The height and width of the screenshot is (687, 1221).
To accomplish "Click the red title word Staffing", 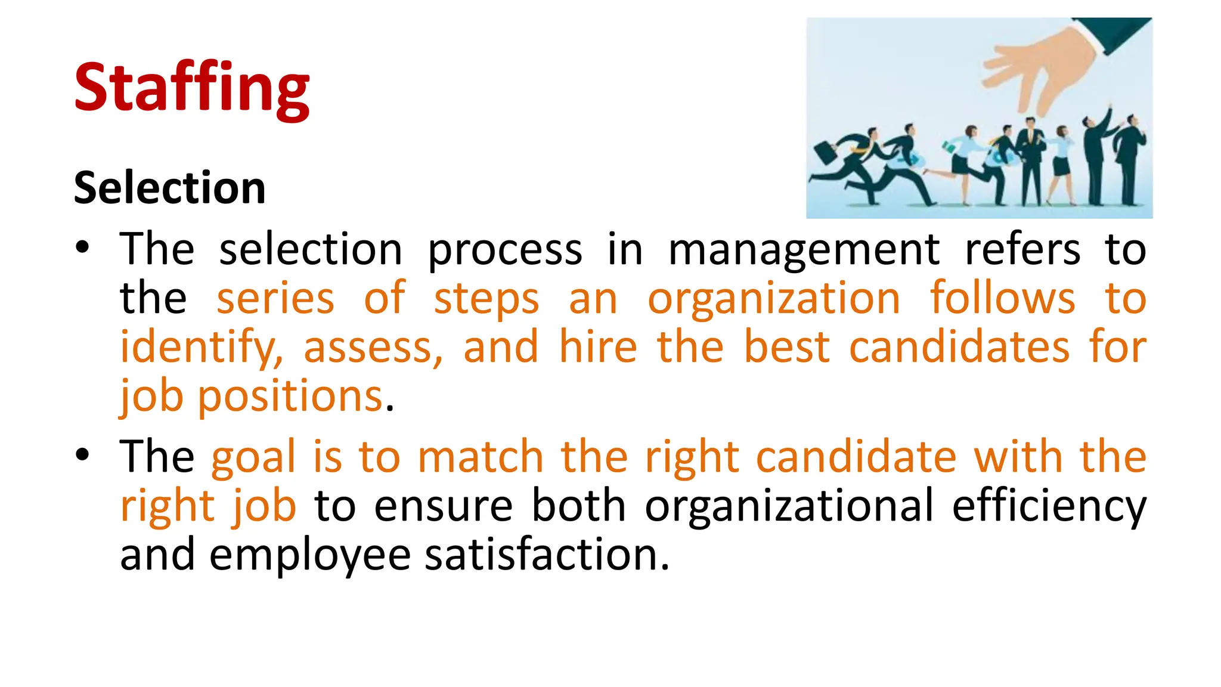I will pos(191,88).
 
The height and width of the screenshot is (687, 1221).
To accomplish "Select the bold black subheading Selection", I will pos(169,187).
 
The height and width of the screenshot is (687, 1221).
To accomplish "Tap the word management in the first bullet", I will pos(804,249).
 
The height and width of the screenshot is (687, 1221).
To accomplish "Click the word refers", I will pos(1022,249).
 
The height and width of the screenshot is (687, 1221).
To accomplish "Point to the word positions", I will pos(290,396).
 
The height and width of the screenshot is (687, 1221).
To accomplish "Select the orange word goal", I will pos(253,457).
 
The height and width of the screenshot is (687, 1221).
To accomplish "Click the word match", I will pos(481,457).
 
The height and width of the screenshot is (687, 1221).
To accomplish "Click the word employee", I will pos(310,555).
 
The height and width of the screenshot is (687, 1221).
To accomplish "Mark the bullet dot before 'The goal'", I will pos(82,455).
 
